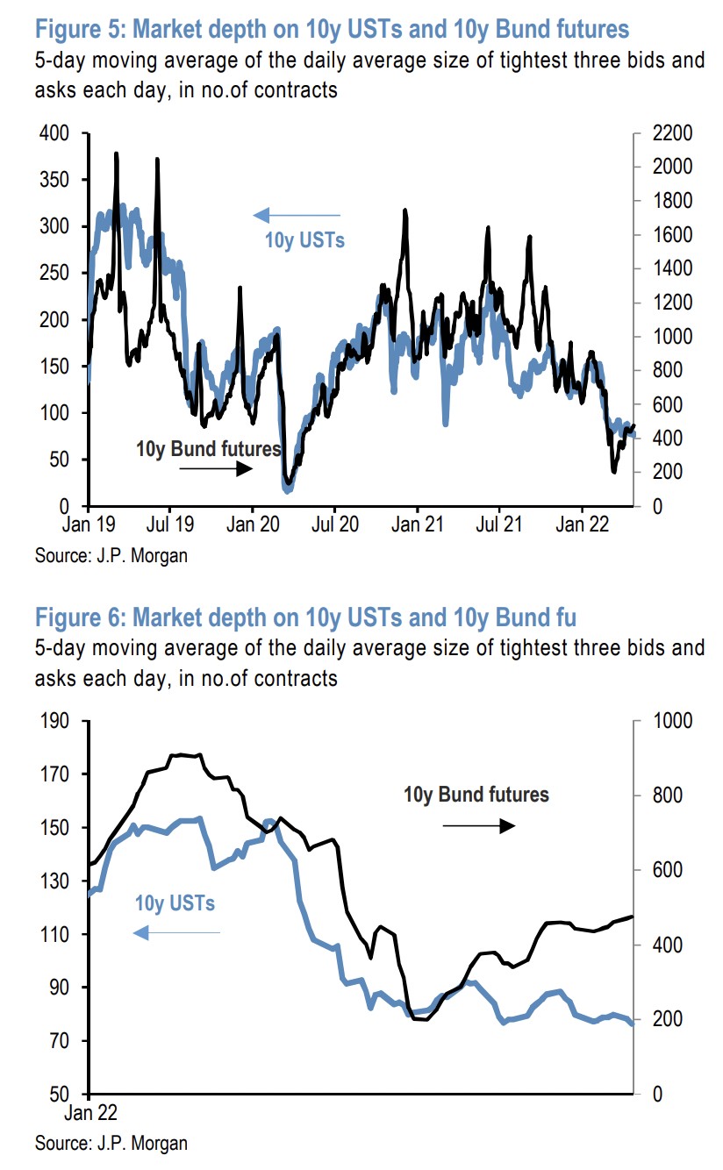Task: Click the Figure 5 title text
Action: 332,30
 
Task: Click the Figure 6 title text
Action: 305,617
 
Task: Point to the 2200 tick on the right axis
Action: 672,134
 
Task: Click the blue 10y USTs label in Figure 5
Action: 304,239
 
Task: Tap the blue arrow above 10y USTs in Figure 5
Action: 296,215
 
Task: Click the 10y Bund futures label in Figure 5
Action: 208,449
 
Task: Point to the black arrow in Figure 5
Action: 215,469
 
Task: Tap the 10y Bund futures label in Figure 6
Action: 476,795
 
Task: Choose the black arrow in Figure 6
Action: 477,825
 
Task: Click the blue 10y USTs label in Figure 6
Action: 175,903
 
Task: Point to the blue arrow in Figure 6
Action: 176,932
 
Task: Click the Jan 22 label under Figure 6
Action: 89,1114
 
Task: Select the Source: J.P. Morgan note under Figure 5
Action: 111,555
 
